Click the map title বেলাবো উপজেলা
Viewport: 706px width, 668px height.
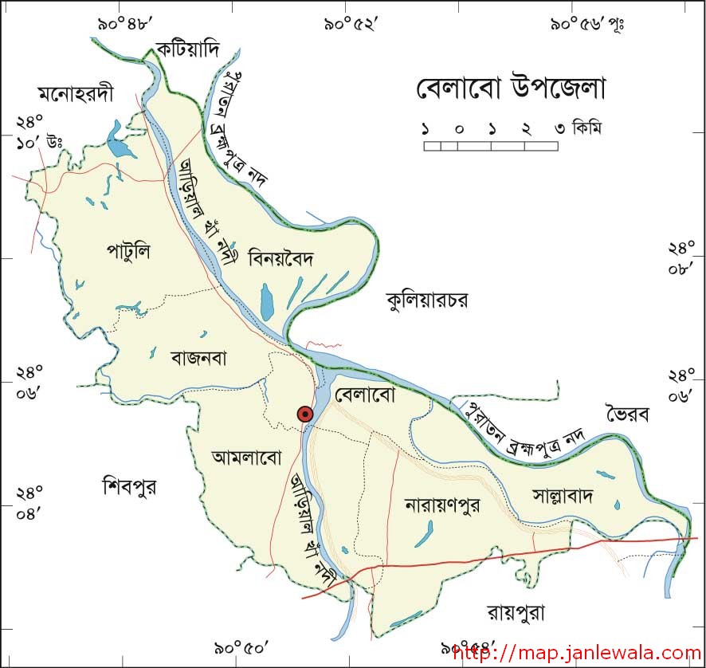click(x=511, y=88)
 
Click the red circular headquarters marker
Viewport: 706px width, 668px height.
click(x=304, y=414)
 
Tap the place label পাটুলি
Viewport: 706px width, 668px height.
click(x=128, y=252)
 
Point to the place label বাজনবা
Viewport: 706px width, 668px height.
click(x=198, y=358)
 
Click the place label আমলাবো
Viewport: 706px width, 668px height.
click(x=248, y=457)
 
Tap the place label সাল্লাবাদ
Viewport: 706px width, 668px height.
click(x=563, y=496)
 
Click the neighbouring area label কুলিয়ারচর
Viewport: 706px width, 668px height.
click(x=426, y=300)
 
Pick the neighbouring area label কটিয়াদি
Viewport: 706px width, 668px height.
click(x=187, y=48)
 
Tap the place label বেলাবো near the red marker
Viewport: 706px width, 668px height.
click(x=366, y=395)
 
